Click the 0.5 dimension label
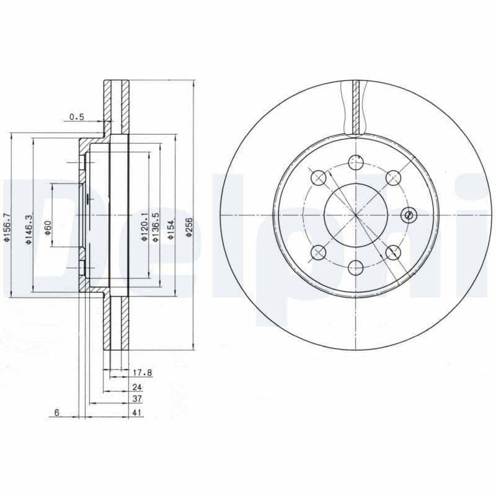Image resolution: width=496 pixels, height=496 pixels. pyautogui.click(x=76, y=117)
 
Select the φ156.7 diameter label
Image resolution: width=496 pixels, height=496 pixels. pyautogui.click(x=7, y=228)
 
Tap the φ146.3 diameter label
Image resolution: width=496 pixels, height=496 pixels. pyautogui.click(x=28, y=228)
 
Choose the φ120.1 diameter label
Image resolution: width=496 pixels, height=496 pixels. pyautogui.click(x=144, y=227)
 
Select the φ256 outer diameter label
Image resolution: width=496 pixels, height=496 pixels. pyautogui.click(x=190, y=228)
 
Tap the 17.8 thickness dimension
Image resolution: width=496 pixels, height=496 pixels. pyautogui.click(x=142, y=373)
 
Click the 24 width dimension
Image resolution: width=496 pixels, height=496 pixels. pyautogui.click(x=137, y=387)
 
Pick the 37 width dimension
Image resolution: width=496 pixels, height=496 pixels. pyautogui.click(x=138, y=400)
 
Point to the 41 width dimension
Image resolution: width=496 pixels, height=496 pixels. pyautogui.click(x=138, y=413)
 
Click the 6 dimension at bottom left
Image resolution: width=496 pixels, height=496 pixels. pyautogui.click(x=56, y=413)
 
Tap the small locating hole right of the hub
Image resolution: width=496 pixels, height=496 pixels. pyautogui.click(x=408, y=215)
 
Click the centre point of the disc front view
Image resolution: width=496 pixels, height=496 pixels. pyautogui.click(x=355, y=215)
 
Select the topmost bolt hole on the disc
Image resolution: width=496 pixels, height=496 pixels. pyautogui.click(x=355, y=162)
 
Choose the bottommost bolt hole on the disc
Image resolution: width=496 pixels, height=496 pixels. pyautogui.click(x=355, y=268)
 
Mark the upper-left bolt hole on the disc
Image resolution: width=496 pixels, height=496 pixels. pyautogui.click(x=318, y=178)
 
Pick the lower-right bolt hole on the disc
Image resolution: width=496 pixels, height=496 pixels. pyautogui.click(x=392, y=252)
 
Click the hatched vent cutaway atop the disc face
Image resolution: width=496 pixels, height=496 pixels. pyautogui.click(x=355, y=106)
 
